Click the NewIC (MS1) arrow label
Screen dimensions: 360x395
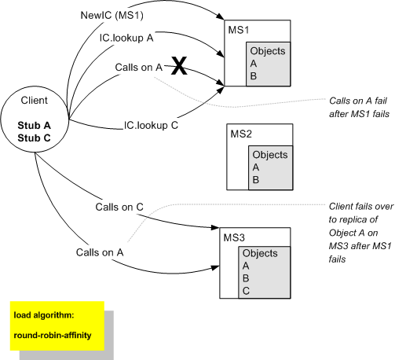click(112, 16)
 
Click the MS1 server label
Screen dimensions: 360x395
click(238, 30)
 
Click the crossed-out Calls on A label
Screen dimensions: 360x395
click(137, 67)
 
